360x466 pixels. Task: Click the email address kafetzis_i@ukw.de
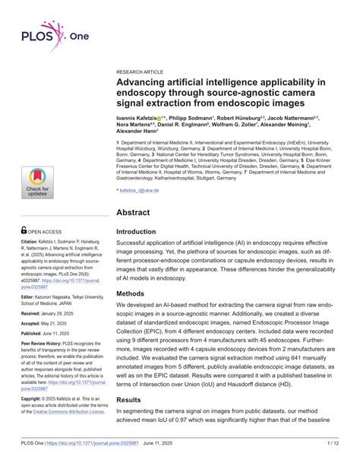pyautogui.click(x=140, y=189)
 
